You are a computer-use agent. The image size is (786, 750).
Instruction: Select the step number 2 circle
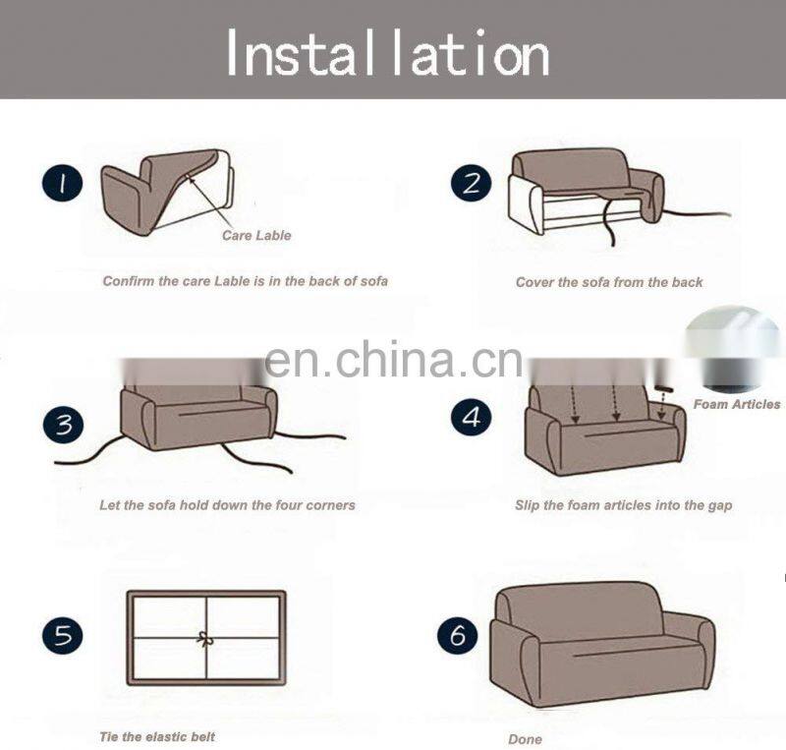click(x=472, y=185)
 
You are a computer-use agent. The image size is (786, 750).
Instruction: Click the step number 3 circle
click(x=64, y=425)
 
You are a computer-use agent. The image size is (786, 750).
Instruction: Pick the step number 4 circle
click(x=472, y=418)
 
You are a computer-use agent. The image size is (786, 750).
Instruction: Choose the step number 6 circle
click(x=458, y=635)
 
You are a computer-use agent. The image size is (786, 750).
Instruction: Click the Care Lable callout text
click(x=256, y=236)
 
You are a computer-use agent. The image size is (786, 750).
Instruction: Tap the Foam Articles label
click(x=737, y=404)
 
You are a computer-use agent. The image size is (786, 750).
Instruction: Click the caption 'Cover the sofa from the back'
click(x=609, y=282)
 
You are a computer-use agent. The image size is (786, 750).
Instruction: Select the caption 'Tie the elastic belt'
click(x=157, y=736)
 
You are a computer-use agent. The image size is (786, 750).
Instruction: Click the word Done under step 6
click(x=525, y=739)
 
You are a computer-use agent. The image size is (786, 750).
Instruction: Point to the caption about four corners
click(x=227, y=505)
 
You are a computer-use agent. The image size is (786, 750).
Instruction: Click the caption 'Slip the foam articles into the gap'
click(x=623, y=505)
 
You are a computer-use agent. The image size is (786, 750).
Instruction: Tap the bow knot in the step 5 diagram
click(x=205, y=639)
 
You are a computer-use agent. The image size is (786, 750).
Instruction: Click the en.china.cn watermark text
click(x=393, y=361)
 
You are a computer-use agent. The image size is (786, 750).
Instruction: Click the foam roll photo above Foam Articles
click(x=735, y=349)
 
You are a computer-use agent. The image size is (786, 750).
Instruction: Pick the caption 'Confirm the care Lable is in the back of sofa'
click(x=246, y=281)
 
